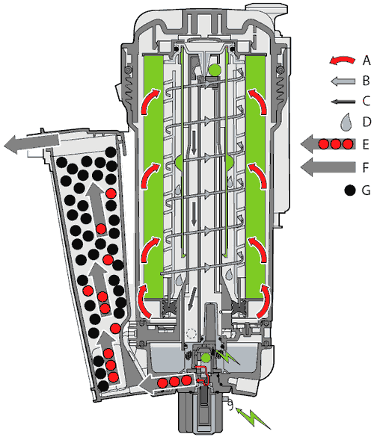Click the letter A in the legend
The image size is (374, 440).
pyautogui.click(x=367, y=61)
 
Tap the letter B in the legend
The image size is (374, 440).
pyautogui.click(x=366, y=81)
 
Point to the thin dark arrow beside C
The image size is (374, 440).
pyautogui.click(x=343, y=102)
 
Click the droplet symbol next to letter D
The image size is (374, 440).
pyautogui.click(x=346, y=122)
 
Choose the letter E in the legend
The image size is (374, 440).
pyautogui.click(x=366, y=144)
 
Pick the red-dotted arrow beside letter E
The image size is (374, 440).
pyautogui.click(x=328, y=144)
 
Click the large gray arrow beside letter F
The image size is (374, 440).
pyautogui.click(x=328, y=167)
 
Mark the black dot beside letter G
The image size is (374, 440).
pyautogui.click(x=349, y=190)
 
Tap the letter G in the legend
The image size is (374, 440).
pyautogui.click(x=366, y=190)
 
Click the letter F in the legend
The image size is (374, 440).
pyautogui.click(x=366, y=167)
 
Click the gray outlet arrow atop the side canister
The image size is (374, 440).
pyautogui.click(x=31, y=144)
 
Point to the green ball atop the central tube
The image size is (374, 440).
pyautogui.click(x=215, y=69)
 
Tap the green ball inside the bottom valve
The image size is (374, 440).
pyautogui.click(x=206, y=358)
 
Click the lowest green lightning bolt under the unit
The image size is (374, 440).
pyautogui.click(x=253, y=418)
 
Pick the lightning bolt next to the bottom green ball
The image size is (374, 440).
pyautogui.click(x=228, y=356)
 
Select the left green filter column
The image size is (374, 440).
pyautogui.click(x=153, y=177)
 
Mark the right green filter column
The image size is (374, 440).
pyautogui.click(x=255, y=177)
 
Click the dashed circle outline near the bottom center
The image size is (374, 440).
pyautogui.click(x=191, y=333)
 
